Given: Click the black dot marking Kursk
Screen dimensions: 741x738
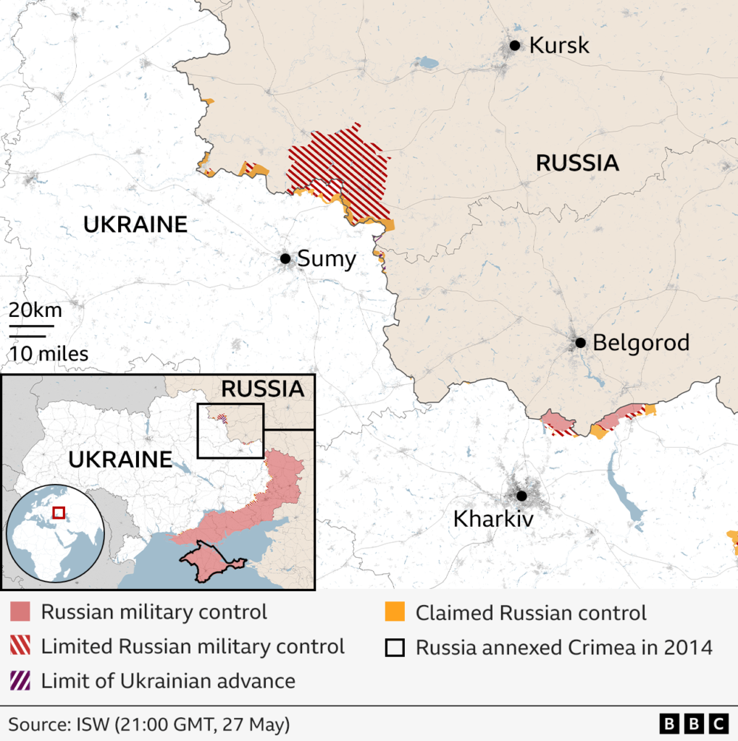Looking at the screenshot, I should click(x=515, y=46).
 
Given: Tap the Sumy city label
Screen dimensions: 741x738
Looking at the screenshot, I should click(x=327, y=259).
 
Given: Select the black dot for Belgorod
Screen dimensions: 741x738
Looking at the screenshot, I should click(x=580, y=342).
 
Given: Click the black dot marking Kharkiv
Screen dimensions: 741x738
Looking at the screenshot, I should click(x=521, y=496).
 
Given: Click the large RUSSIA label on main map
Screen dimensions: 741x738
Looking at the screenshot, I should click(x=577, y=163).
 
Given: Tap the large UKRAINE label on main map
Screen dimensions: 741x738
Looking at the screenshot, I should click(x=135, y=224).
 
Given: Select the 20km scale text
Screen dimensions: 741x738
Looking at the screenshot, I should click(x=35, y=311).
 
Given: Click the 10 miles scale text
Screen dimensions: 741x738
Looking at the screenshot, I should click(x=49, y=354).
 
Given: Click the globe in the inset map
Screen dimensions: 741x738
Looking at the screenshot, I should click(x=55, y=533).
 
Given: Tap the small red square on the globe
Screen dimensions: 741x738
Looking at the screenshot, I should click(x=58, y=514).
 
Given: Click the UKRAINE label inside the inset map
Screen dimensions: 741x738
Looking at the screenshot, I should click(x=120, y=459).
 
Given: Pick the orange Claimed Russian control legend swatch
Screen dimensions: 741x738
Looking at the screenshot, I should click(x=395, y=612).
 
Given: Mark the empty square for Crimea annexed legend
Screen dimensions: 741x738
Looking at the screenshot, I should click(x=395, y=646).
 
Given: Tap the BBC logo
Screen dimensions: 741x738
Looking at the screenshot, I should click(x=693, y=723).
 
